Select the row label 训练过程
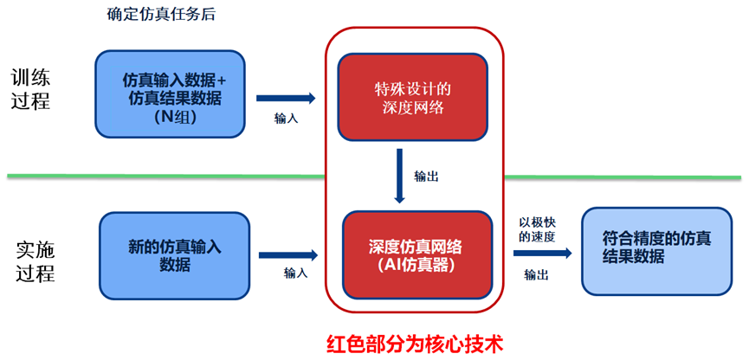(31, 88)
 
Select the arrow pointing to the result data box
(542, 254)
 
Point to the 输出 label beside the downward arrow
(426, 176)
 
